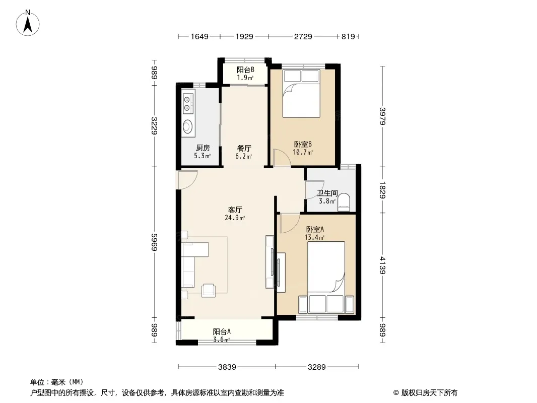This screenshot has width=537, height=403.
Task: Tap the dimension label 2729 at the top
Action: click(303, 36)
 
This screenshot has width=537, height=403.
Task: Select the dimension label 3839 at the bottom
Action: click(227, 367)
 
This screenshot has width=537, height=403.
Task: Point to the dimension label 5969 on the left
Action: click(155, 242)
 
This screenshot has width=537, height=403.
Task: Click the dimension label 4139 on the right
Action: click(382, 265)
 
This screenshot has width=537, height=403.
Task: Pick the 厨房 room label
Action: click(203, 148)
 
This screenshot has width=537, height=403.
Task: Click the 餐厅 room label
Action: click(244, 148)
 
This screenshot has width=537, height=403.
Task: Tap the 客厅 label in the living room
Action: click(235, 210)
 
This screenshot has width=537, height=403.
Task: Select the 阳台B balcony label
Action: click(245, 70)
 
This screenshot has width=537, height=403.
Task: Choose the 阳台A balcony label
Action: click(222, 331)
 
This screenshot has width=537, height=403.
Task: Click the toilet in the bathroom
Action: click(344, 202)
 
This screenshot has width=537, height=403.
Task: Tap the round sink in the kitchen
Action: click(187, 126)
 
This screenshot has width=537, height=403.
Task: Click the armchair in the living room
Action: click(209, 290)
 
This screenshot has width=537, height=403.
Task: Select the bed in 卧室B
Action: click(301, 94)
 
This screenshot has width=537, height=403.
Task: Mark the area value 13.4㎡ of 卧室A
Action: click(314, 237)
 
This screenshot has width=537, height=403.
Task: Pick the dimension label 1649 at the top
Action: click(199, 36)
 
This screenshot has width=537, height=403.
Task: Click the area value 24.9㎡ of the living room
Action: click(235, 218)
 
